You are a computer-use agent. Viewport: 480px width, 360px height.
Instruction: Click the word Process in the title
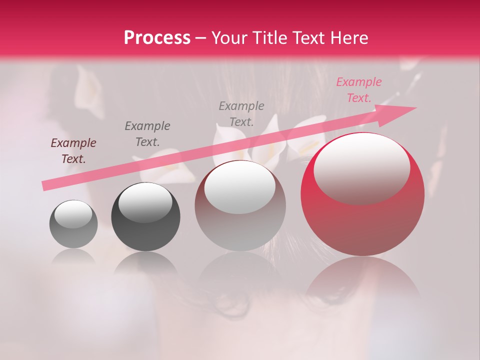[x=157, y=37]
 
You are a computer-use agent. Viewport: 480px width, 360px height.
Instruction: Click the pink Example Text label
[x=358, y=90]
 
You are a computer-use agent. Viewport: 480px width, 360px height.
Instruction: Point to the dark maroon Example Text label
[x=73, y=151]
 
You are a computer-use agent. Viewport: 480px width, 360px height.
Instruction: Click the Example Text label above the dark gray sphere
[x=147, y=133]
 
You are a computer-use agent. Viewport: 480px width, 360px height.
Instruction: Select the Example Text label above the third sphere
[x=241, y=113]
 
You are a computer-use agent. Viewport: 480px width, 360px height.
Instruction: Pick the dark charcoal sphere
[x=145, y=217]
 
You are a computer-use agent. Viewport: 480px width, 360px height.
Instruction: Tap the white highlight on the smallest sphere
[x=73, y=215]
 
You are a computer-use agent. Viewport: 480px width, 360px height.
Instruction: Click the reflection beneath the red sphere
[x=362, y=280]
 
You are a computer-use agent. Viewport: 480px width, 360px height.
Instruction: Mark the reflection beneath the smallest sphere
[x=73, y=258]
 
